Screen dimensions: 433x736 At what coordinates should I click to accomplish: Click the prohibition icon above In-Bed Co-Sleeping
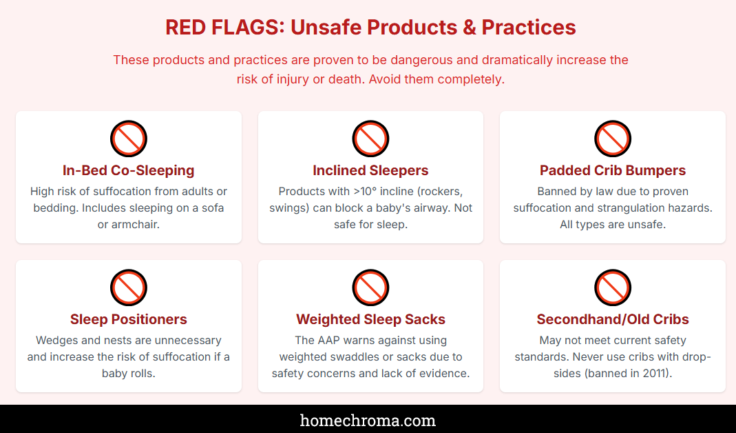[129, 139]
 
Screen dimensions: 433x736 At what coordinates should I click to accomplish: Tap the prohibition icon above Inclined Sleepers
[370, 139]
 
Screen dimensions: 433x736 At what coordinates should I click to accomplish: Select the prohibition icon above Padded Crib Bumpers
[613, 139]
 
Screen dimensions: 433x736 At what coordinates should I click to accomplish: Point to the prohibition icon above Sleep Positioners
[129, 288]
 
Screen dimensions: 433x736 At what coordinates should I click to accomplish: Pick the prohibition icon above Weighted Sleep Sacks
[370, 288]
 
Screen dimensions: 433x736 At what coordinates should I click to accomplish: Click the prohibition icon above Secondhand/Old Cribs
[613, 288]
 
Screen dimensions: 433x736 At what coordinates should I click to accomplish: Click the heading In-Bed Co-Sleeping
[129, 170]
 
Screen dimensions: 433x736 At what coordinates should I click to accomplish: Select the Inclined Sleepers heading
[370, 170]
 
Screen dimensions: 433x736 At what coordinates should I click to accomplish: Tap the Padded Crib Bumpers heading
[613, 170]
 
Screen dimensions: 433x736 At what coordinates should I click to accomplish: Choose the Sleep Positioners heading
[129, 319]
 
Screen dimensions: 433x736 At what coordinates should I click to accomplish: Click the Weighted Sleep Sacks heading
[370, 319]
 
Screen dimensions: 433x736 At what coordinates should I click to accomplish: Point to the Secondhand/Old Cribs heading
[613, 319]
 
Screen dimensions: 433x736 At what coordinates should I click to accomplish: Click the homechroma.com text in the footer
[368, 420]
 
